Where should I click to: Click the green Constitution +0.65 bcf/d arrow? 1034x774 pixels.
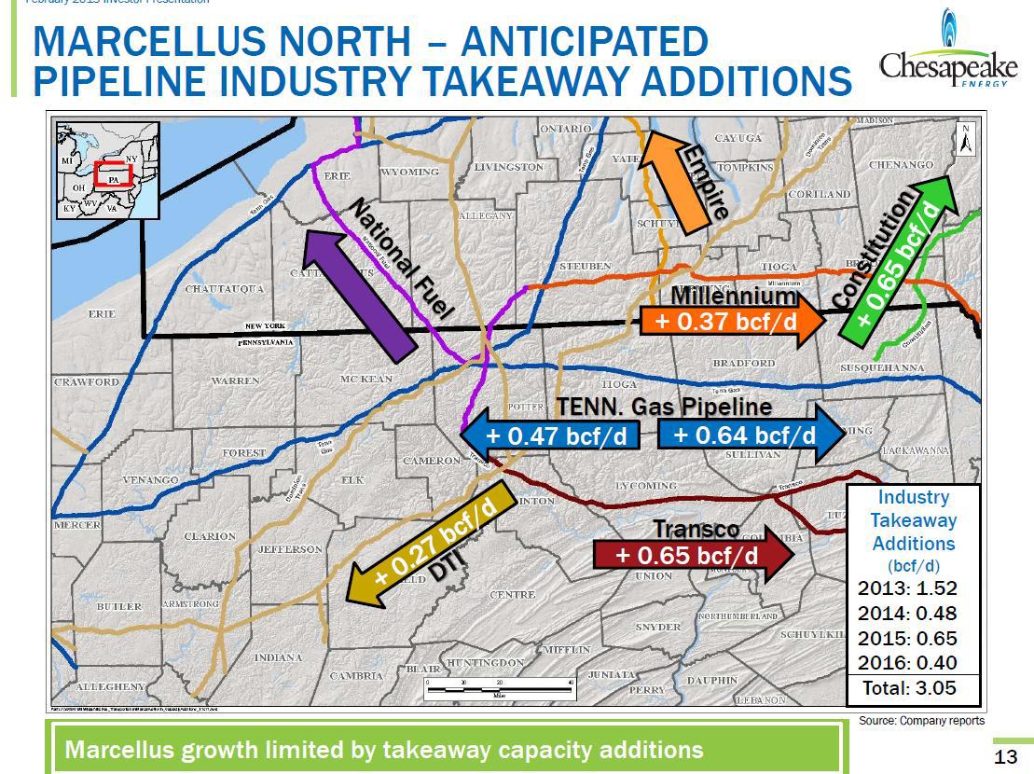click(x=900, y=257)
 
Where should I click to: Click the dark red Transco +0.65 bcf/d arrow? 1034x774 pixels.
click(x=691, y=556)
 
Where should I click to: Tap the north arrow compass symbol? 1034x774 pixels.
click(x=967, y=138)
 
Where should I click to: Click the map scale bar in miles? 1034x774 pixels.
click(x=498, y=688)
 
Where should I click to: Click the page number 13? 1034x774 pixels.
click(x=1005, y=757)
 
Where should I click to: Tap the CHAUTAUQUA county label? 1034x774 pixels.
click(x=224, y=289)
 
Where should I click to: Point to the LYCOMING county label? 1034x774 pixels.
click(x=645, y=486)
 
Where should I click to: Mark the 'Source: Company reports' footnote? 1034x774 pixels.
click(x=920, y=720)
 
